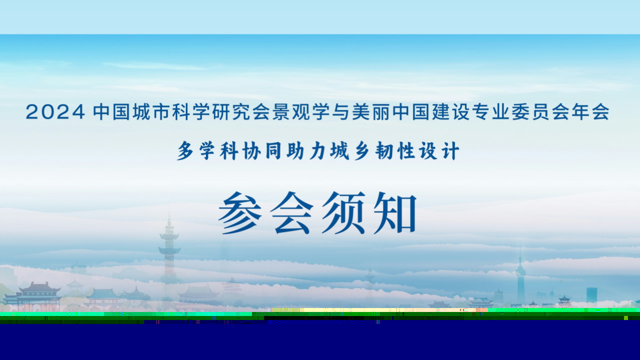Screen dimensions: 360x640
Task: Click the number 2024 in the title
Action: click(55, 112)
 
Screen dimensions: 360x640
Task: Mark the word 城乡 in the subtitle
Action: click(351, 151)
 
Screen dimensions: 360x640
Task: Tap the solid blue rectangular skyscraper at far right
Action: click(591, 295)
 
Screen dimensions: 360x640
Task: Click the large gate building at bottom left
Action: click(33, 294)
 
